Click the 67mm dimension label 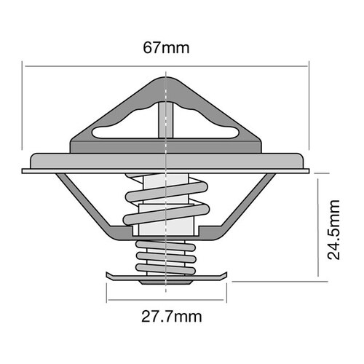click(x=167, y=49)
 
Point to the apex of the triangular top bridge click(x=167, y=76)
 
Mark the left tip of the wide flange click(x=24, y=172)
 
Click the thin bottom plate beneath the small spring click(x=167, y=277)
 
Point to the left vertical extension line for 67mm click(x=24, y=116)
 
